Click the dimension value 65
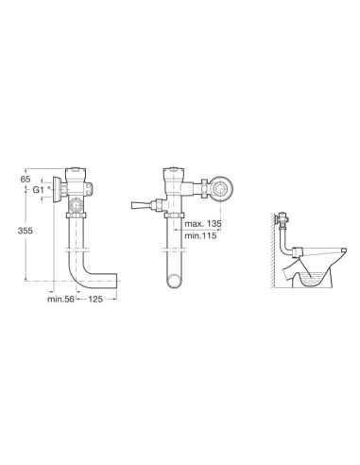click(x=26, y=180)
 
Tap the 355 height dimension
click(x=25, y=231)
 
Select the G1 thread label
click(x=38, y=190)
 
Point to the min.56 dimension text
click(x=60, y=299)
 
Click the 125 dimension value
click(x=95, y=299)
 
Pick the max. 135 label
click(x=203, y=224)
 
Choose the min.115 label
click(x=200, y=235)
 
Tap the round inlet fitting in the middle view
click(x=221, y=189)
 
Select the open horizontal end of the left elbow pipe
click(x=115, y=281)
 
